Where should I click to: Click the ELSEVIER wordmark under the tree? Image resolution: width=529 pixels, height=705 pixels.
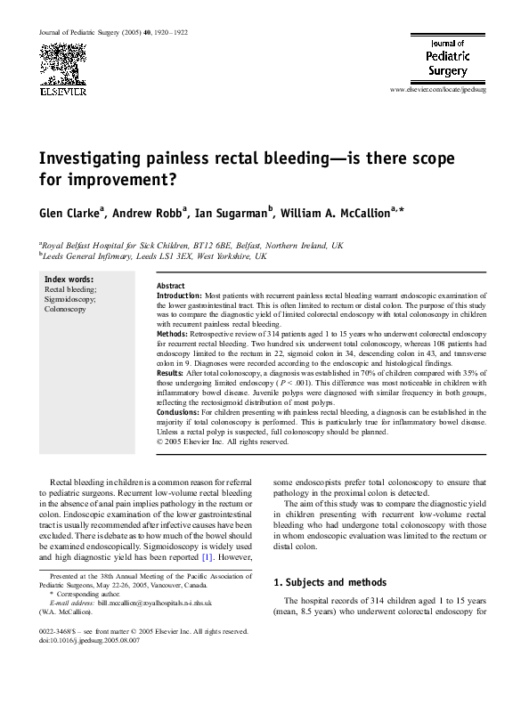click(x=61, y=90)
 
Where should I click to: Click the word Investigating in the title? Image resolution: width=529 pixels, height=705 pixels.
click(x=93, y=158)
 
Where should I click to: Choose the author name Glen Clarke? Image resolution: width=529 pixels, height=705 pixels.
click(x=69, y=214)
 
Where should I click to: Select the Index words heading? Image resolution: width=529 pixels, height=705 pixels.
click(x=70, y=280)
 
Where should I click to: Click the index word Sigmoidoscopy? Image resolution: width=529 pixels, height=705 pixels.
click(x=70, y=299)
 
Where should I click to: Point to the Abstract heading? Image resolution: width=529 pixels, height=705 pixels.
click(x=171, y=285)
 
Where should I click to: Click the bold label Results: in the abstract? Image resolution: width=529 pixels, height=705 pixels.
click(x=175, y=372)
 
